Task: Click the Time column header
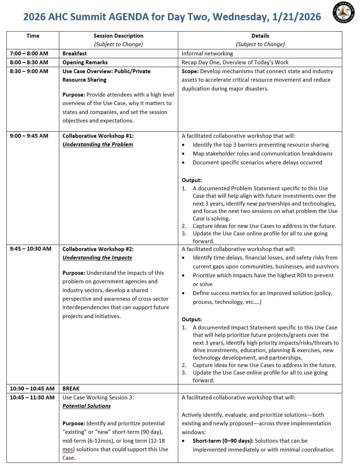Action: pos(33,36)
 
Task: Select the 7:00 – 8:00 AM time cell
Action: pos(29,54)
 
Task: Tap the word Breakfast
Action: pos(75,54)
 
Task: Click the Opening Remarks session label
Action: pos(85,62)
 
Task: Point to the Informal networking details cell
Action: pos(207,54)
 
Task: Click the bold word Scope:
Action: pos(190,71)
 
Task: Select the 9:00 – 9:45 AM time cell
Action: pos(29,136)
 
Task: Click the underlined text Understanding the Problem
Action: pos(98,144)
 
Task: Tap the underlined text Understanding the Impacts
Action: pos(97,258)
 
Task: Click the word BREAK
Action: pos(71,389)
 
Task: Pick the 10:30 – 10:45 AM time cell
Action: pos(32,389)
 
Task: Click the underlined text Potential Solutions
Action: pos(87,406)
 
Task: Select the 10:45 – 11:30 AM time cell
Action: pos(32,398)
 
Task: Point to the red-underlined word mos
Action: pos(69,449)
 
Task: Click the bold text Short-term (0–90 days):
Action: pos(223,441)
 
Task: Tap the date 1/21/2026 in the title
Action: pos(296,17)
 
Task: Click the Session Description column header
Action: pos(118,36)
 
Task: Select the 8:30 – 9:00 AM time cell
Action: pos(29,71)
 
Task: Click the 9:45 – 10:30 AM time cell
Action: pos(31,249)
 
